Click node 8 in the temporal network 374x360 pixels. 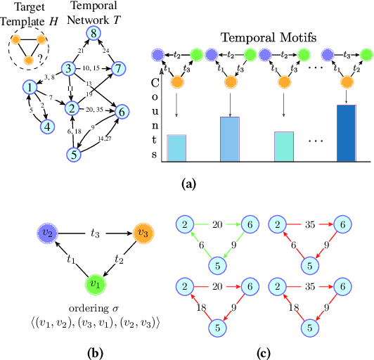point(91,34)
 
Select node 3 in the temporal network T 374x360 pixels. point(68,68)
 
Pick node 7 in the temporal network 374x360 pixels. point(119,68)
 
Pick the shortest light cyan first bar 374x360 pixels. point(176,146)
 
